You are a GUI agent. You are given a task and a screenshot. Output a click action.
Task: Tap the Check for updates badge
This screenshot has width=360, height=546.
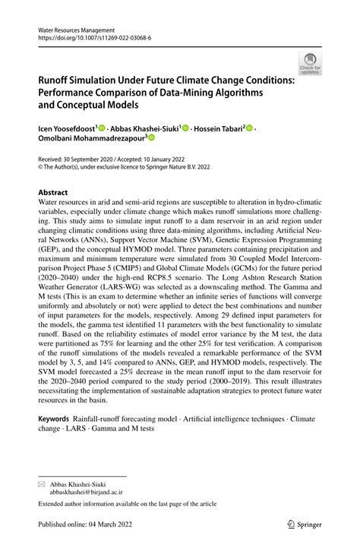tap(309, 63)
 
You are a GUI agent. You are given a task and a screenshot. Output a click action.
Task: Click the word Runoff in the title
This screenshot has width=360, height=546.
tap(56, 80)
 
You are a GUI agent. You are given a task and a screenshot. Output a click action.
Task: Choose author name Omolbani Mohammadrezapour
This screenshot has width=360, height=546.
tap(89, 138)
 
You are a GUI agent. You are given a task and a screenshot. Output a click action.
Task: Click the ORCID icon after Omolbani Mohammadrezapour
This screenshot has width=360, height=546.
tap(150, 138)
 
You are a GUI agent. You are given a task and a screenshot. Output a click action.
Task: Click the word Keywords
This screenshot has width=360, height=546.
tap(54, 418)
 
